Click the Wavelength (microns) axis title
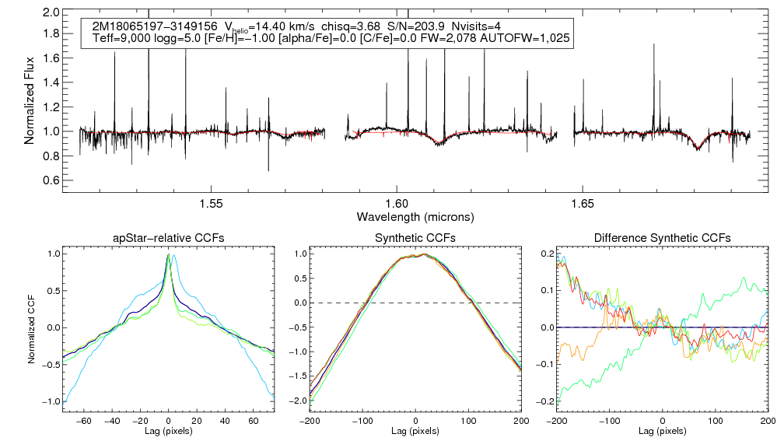[415, 215]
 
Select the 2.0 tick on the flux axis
[51, 13]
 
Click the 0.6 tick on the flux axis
[51, 180]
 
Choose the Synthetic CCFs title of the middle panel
[416, 237]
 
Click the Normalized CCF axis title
[32, 327]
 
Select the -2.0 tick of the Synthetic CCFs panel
[297, 401]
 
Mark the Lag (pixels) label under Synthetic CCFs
[415, 430]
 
